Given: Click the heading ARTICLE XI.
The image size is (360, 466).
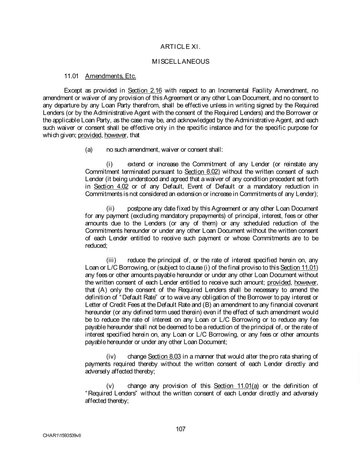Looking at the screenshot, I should click(x=180, y=47).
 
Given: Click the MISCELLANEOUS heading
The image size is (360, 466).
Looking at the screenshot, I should click(x=180, y=61).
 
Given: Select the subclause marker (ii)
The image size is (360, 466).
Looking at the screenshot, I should click(x=110, y=208).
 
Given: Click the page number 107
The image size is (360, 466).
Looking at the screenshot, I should click(x=180, y=429).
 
